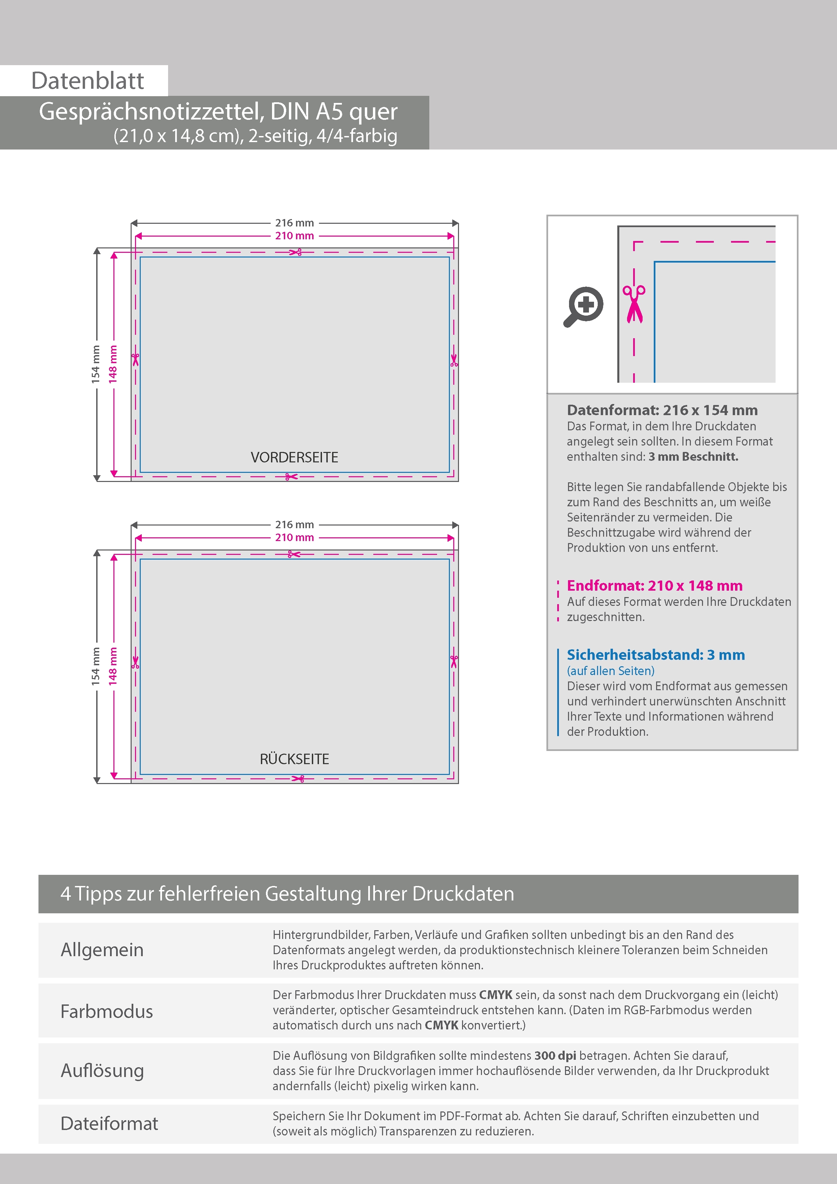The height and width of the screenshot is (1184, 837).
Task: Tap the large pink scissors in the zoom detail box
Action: click(634, 304)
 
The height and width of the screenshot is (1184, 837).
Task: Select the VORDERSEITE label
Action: click(295, 457)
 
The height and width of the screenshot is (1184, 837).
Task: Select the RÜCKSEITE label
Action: click(295, 759)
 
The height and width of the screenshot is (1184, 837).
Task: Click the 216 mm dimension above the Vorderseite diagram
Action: click(295, 223)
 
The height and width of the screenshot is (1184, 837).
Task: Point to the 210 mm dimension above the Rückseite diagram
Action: click(295, 537)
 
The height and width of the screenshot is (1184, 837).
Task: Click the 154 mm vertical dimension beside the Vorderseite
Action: click(96, 364)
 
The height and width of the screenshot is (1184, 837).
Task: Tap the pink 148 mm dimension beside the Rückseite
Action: click(113, 666)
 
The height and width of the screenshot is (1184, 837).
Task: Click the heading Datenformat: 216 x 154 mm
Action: click(662, 410)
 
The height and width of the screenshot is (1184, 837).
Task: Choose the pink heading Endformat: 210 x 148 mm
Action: click(654, 586)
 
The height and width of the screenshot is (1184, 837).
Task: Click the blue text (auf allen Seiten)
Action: click(611, 671)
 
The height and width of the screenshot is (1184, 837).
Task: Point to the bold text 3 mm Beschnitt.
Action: click(693, 456)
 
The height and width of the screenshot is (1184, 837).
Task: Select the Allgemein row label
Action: click(102, 950)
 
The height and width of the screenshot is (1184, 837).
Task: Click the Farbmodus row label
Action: click(107, 1011)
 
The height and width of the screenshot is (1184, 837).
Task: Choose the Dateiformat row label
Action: click(109, 1123)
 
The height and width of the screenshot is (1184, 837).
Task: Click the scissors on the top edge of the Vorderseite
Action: click(295, 252)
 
